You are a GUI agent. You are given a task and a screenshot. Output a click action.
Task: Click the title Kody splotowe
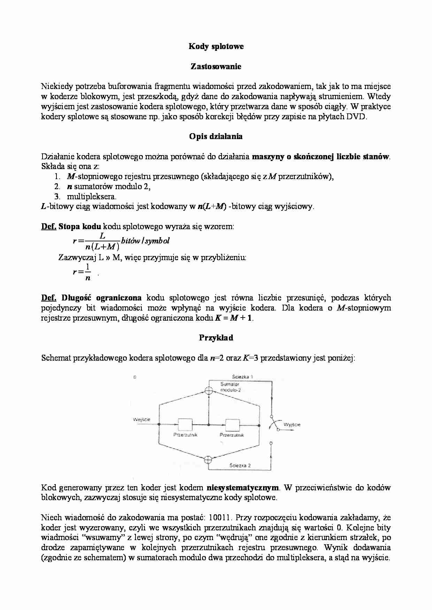point(216,46)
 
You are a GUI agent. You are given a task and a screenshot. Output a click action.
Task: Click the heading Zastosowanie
point(216,66)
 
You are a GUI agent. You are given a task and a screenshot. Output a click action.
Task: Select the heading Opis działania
point(216,136)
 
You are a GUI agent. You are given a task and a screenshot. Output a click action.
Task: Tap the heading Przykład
point(216,338)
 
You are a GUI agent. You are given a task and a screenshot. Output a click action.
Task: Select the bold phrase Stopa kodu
point(80,227)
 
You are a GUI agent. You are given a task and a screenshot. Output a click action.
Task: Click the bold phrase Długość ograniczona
point(101,298)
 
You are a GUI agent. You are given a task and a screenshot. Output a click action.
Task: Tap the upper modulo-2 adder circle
point(208,390)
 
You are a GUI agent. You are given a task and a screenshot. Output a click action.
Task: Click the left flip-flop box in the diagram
point(185,425)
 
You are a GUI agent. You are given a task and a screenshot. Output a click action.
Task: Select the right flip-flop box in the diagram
point(232,425)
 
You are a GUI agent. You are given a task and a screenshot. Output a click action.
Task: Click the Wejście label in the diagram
point(142,419)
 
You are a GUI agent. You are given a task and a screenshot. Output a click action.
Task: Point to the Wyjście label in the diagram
point(292,424)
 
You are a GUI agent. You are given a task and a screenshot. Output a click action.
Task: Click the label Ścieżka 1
point(242,377)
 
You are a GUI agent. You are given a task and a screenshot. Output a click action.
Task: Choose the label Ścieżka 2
point(240,465)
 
